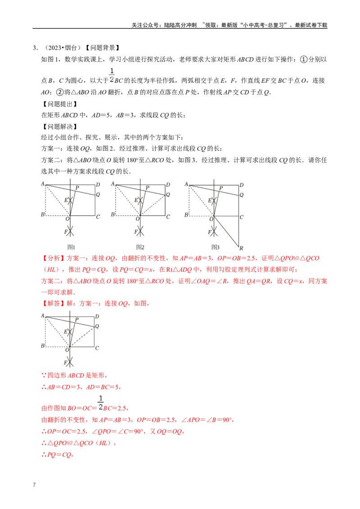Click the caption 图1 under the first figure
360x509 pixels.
coord(71,247)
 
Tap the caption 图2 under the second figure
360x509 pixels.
coord(140,247)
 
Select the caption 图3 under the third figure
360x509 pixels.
coord(216,247)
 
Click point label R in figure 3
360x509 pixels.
coord(241,248)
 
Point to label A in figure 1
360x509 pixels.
coord(43,183)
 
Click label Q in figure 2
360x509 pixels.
coord(168,195)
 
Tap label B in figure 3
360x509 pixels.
coord(186,215)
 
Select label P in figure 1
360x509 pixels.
coord(77,188)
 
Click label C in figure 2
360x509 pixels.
coord(167,217)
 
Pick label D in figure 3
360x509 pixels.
coord(242,185)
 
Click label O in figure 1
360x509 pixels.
coord(67,219)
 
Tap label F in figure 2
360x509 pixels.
coord(135,232)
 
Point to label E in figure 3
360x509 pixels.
coord(209,200)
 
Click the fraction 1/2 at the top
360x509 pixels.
coord(112,75)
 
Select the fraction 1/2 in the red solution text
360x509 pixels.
coord(101,403)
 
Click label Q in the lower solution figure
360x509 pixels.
coord(97,326)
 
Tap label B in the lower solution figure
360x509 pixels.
coord(42,346)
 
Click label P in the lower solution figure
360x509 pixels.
coord(76,319)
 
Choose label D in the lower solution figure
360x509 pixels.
coord(97,317)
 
